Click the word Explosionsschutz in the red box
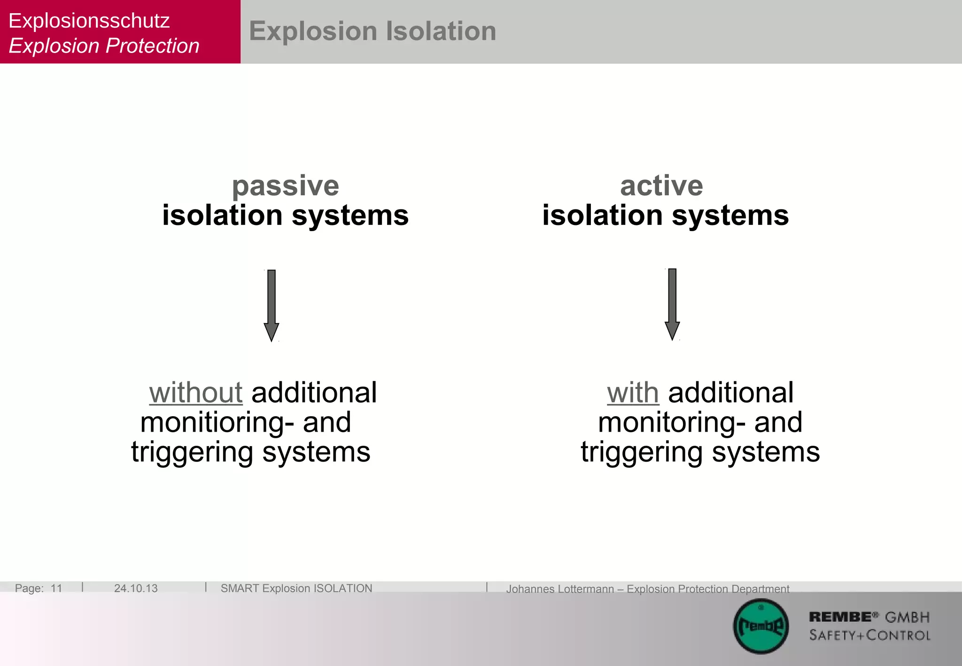[89, 21]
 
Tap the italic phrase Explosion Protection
[104, 46]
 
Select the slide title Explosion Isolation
[372, 31]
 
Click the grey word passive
[286, 186]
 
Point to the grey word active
[661, 186]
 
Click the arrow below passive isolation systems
[272, 305]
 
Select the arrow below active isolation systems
[672, 304]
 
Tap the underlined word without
[196, 393]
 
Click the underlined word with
[633, 393]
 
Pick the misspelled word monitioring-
[217, 422]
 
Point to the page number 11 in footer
[56, 589]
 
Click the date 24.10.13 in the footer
[136, 589]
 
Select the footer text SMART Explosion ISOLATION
[296, 589]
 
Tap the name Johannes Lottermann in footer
[560, 589]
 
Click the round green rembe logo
[761, 627]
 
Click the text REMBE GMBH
[869, 617]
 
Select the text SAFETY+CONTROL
[869, 635]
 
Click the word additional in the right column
[731, 393]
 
